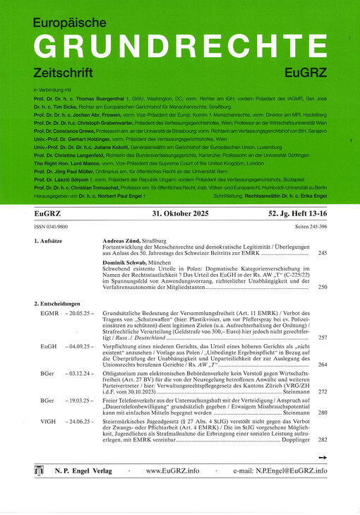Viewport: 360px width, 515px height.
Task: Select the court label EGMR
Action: click(x=49, y=312)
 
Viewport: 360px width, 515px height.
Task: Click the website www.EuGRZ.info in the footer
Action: click(x=173, y=470)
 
